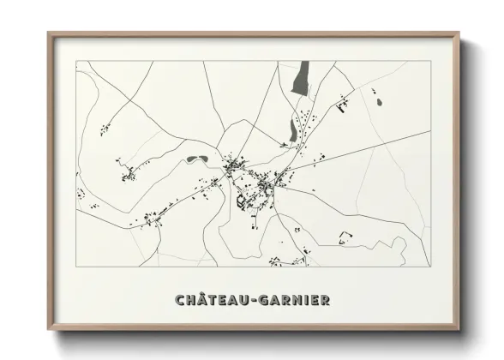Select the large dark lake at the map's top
point(300,80)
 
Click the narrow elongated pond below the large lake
point(292,130)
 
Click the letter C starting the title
point(180,300)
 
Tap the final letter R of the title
point(325,300)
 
